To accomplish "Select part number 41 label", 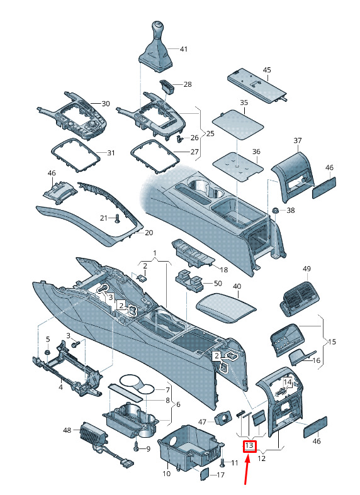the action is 184,49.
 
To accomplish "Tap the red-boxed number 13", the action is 249,446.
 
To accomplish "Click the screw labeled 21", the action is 118,218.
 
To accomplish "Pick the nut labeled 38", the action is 275,210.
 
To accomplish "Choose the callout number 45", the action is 267,70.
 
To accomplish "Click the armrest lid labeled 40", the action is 226,307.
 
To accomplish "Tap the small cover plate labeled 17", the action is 205,474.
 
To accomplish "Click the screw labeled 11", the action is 223,463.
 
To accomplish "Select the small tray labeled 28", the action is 167,86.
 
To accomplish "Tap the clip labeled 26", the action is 179,138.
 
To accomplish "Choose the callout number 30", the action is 106,104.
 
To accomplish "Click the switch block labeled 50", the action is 190,280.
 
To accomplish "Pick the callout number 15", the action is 332,342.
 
